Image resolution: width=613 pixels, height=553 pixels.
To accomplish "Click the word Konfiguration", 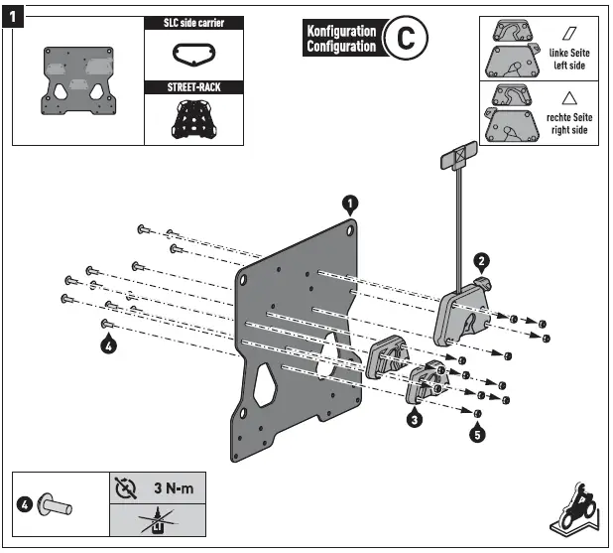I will pos(341,31).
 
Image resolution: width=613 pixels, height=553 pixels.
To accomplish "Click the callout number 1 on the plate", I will pos(349,204).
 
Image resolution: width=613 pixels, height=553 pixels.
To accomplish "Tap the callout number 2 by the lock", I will pos(481,261).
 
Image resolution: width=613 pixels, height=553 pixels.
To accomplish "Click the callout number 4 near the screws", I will pos(108,346).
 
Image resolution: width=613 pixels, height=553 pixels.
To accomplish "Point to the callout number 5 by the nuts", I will pos(477,434).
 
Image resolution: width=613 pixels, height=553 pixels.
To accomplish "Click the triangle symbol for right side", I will pos(568,97).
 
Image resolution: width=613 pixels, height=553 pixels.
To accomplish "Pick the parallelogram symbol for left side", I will pos(569,32).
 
